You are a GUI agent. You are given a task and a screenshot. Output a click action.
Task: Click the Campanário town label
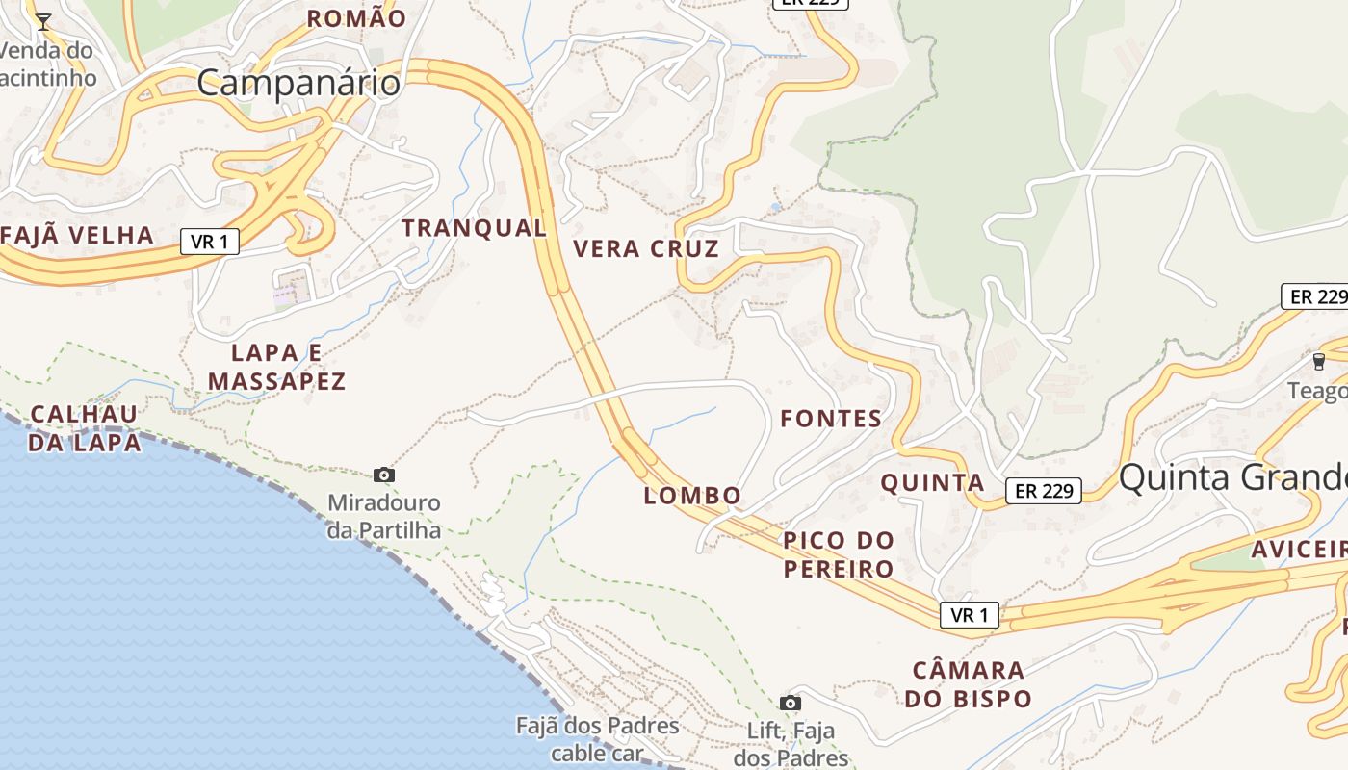pos(298,83)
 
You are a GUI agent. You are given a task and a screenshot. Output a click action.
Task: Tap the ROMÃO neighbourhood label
pos(356,18)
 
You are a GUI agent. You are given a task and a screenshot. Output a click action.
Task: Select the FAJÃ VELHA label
pos(78,235)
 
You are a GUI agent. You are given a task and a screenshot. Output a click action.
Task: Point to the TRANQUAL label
pos(474,228)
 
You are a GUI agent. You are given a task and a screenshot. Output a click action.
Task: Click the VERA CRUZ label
pos(646,249)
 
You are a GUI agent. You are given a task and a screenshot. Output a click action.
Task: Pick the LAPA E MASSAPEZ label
pos(276,367)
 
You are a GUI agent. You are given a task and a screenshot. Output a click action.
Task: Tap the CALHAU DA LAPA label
pos(85,428)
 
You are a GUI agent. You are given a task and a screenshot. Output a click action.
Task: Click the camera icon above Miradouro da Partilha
pos(384,475)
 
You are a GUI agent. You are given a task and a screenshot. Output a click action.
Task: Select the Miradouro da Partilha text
pos(384,517)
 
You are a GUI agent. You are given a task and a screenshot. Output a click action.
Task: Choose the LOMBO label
pos(692,496)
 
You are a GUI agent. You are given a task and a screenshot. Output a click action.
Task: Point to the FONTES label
pos(831,419)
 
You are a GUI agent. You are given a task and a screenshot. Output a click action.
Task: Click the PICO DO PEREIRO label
pos(839,554)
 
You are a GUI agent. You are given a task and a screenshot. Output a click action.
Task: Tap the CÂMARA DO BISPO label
pos(968,684)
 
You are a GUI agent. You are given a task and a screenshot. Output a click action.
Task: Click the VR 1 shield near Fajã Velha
pos(209,242)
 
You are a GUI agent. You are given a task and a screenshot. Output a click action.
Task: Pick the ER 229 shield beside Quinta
pos(1044,491)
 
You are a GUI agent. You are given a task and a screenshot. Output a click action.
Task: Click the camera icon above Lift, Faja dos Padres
pos(791,703)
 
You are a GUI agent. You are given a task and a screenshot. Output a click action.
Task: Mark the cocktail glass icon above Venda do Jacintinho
pos(43,21)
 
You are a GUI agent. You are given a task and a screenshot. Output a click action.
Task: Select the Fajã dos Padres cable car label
pos(597,738)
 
